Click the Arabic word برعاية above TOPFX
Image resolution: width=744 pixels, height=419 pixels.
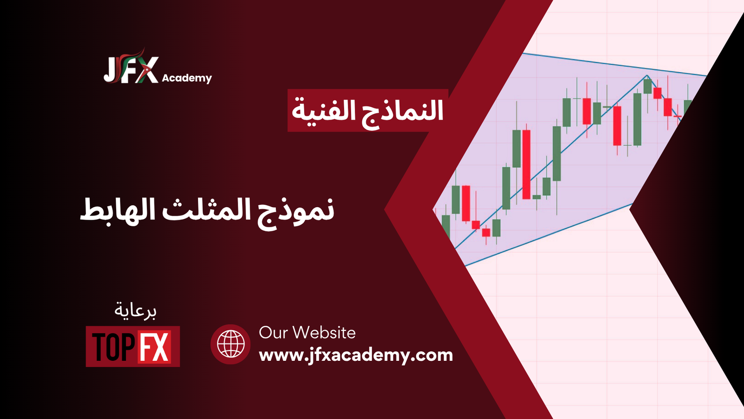coord(135,310)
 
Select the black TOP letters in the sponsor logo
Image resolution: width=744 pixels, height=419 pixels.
coord(114,347)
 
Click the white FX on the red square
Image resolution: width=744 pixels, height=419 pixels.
coord(154,346)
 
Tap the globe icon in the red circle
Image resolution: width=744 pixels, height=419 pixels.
coord(231,344)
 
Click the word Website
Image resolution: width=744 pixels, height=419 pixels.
coord(325,333)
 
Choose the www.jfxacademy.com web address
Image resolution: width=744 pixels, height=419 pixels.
coord(356,356)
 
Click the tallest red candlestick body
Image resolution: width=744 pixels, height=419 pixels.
coord(526,165)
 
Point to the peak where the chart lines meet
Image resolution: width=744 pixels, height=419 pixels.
coord(647,75)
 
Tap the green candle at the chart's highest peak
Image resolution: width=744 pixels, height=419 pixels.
coord(647,86)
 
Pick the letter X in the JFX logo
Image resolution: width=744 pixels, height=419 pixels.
coord(145,70)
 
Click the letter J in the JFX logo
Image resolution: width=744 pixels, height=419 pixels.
coord(109,70)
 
